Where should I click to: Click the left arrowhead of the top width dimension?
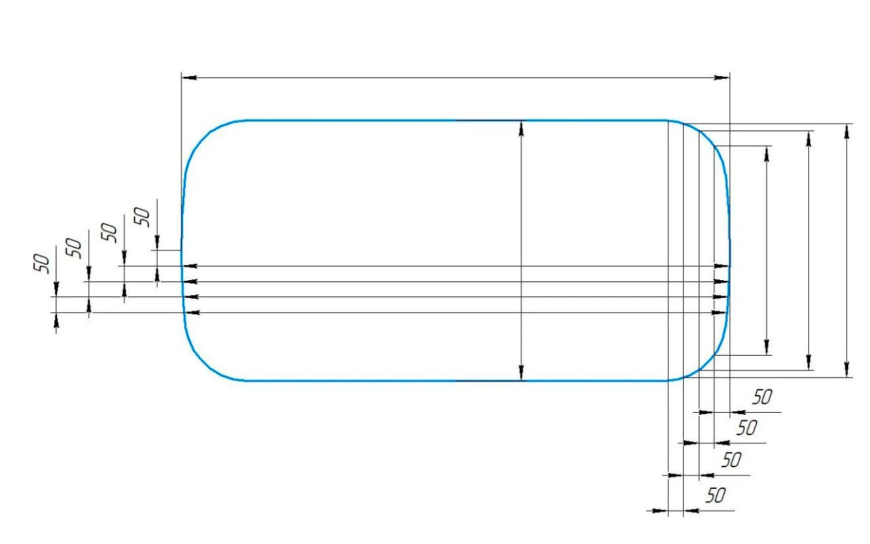click(x=189, y=78)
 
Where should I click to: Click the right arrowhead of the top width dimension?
click(x=722, y=78)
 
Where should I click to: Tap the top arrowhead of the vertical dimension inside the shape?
click(x=521, y=129)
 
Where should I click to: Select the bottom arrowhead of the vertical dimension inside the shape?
click(x=521, y=373)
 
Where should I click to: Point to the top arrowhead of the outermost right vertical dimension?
click(x=847, y=131)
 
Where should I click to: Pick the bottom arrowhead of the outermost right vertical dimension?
click(x=847, y=369)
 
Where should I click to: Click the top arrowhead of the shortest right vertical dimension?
click(x=767, y=154)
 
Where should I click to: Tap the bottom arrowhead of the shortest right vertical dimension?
click(x=767, y=347)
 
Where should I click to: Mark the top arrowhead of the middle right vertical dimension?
click(x=809, y=139)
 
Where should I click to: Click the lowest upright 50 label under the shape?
click(x=716, y=496)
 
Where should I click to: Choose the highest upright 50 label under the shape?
click(x=762, y=397)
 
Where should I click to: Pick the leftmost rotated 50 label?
click(x=41, y=264)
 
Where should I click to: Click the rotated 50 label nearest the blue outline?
click(x=142, y=217)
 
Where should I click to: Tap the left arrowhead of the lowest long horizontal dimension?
click(x=192, y=312)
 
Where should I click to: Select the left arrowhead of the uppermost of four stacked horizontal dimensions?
click(x=190, y=266)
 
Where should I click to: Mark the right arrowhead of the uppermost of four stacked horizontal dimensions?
click(x=722, y=266)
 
